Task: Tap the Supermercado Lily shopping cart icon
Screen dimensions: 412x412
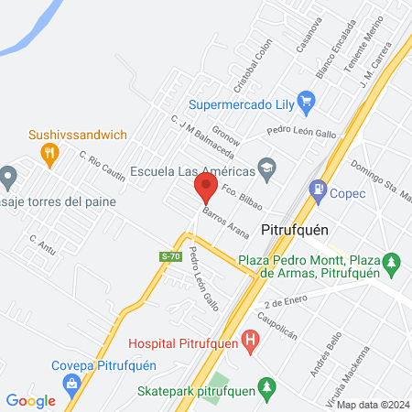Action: (307, 103)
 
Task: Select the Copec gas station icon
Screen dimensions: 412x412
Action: (319, 192)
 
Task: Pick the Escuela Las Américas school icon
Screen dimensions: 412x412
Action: (266, 167)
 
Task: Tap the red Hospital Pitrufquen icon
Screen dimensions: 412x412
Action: (253, 343)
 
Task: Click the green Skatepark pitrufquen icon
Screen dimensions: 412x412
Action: (266, 387)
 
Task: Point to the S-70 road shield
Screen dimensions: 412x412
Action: (168, 257)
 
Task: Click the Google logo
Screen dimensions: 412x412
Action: (30, 400)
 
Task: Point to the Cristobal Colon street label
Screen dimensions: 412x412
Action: (254, 66)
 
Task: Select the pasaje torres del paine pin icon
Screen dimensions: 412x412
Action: (9, 174)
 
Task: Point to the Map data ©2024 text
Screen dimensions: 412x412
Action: (372, 404)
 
